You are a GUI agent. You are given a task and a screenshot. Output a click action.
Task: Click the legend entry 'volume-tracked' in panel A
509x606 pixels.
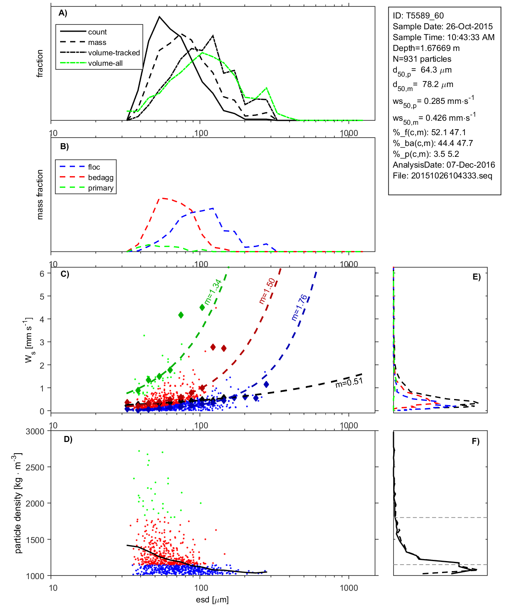click(114, 53)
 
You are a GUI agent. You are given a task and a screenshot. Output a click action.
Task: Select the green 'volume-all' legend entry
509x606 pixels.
click(105, 63)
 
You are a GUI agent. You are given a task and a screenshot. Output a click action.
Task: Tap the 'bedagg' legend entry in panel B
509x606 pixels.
click(101, 178)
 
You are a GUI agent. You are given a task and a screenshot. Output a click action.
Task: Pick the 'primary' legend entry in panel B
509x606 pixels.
click(101, 188)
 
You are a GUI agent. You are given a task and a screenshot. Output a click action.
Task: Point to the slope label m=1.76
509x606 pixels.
click(299, 308)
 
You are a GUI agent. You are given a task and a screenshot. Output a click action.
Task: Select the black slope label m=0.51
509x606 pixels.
click(349, 383)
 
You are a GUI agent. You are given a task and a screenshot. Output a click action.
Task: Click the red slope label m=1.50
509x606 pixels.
click(267, 291)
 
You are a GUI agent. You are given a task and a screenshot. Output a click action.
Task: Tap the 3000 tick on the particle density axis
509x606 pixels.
click(35, 432)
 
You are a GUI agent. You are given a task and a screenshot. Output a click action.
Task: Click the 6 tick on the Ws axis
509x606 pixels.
click(42, 274)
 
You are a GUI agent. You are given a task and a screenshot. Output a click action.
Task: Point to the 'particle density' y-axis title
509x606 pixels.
click(18, 503)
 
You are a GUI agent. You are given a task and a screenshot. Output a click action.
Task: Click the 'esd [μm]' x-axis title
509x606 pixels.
click(212, 600)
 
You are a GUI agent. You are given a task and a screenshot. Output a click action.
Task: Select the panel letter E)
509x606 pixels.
click(477, 277)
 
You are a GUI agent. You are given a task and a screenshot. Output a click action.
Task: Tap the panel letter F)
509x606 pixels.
click(476, 441)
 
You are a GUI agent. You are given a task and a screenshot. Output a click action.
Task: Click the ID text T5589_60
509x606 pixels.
click(425, 16)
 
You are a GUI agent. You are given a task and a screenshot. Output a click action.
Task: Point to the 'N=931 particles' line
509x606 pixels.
click(422, 59)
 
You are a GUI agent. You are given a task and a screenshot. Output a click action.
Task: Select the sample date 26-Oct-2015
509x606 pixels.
click(469, 26)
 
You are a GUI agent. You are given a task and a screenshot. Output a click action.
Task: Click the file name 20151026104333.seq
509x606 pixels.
click(452, 176)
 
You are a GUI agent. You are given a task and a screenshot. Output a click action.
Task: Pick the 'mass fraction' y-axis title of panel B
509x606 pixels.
click(40, 195)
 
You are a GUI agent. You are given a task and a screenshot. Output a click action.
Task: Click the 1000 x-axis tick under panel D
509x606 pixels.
click(349, 588)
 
